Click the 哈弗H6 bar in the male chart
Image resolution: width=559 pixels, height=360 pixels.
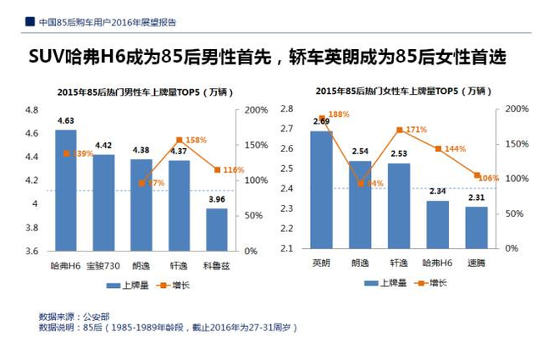65,191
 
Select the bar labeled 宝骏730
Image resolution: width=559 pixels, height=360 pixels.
103,203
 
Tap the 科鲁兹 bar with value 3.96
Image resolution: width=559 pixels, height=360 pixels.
217,230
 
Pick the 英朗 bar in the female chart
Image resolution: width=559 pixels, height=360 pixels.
321,190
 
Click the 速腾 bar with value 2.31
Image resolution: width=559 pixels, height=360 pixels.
476,228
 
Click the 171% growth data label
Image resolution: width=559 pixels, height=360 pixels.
416,130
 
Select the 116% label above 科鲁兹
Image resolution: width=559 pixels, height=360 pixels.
233,170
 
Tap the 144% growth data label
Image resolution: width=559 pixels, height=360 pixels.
455,148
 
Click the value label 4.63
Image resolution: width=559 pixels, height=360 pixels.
65,121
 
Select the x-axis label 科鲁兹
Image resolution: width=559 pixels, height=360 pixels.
217,264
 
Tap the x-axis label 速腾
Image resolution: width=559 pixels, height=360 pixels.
476,263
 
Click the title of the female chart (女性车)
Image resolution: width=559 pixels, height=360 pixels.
401,90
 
